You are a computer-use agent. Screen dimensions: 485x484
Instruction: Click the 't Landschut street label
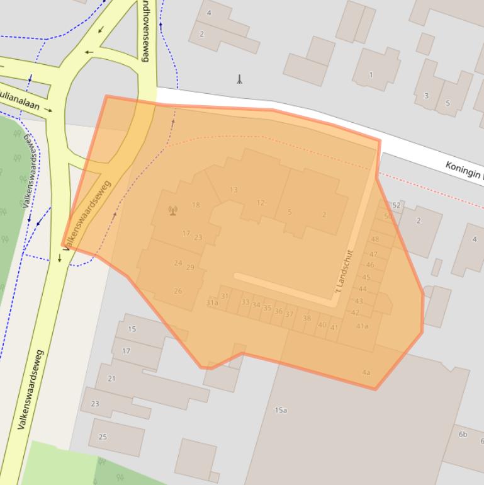pos(344,273)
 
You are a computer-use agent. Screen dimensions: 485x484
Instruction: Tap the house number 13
pos(234,190)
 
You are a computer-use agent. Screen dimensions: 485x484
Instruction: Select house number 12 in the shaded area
pos(261,203)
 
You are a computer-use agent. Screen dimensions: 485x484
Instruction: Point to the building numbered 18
pos(196,205)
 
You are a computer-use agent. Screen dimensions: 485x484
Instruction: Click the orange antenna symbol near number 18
pos(173,210)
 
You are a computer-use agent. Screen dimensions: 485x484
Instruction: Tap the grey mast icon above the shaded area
pos(239,79)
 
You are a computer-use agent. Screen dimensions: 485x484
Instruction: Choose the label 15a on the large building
pos(281,411)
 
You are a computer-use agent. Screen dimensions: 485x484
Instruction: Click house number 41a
pos(362,326)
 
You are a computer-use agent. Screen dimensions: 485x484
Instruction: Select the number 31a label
pos(212,303)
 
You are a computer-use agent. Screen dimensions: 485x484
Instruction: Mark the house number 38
pos(307,319)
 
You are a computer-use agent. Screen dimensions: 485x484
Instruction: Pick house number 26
pos(178,291)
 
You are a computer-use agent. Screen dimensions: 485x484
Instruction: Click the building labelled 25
pos(103,437)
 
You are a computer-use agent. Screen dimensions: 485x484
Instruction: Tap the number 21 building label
pos(111,379)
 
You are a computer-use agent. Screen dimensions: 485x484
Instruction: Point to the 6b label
pos(463,434)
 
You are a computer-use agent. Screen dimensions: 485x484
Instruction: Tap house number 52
pos(396,205)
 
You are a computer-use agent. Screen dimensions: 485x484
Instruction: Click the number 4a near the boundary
pos(366,372)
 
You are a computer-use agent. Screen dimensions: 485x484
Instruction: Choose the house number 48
pos(375,239)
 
